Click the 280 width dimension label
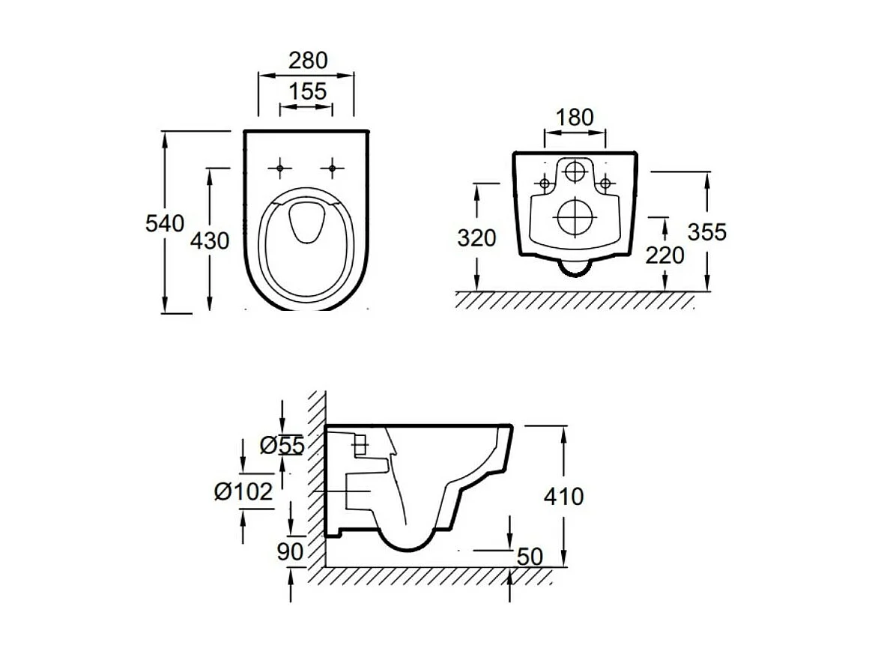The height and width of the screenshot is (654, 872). click(x=308, y=60)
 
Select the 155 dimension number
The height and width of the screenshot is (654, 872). click(x=308, y=91)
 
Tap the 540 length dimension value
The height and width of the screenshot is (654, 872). click(x=166, y=223)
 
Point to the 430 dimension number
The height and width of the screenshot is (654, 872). click(x=210, y=240)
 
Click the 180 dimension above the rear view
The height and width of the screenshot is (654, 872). click(x=575, y=118)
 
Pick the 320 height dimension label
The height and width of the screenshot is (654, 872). click(x=476, y=237)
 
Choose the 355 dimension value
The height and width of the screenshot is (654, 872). click(x=707, y=232)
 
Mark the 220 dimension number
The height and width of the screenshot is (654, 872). click(x=664, y=255)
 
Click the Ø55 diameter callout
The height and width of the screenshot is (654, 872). click(x=282, y=446)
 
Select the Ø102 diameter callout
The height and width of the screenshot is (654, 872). click(x=242, y=492)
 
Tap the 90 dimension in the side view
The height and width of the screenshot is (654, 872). click(x=290, y=552)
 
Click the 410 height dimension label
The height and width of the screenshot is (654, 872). click(x=563, y=496)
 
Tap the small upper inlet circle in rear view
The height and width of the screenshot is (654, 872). click(x=575, y=172)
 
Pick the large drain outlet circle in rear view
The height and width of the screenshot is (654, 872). click(x=575, y=217)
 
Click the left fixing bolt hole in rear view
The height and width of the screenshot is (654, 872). click(x=545, y=182)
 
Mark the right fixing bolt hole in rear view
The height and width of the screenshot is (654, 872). click(x=605, y=182)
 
